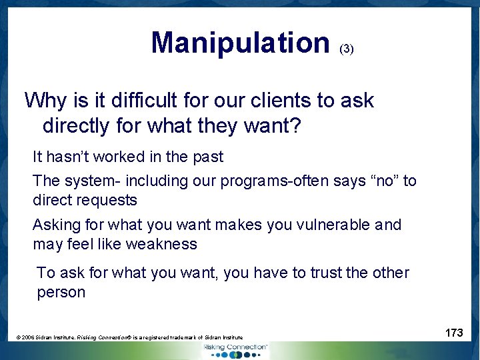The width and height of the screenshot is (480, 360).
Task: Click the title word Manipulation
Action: (x=240, y=43)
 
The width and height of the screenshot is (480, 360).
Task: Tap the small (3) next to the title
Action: (x=347, y=49)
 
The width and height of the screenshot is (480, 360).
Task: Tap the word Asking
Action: (x=55, y=225)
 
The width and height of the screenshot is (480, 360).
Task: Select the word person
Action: (x=61, y=292)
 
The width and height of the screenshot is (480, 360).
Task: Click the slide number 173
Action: (x=454, y=333)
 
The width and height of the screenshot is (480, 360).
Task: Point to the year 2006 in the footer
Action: (x=28, y=338)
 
